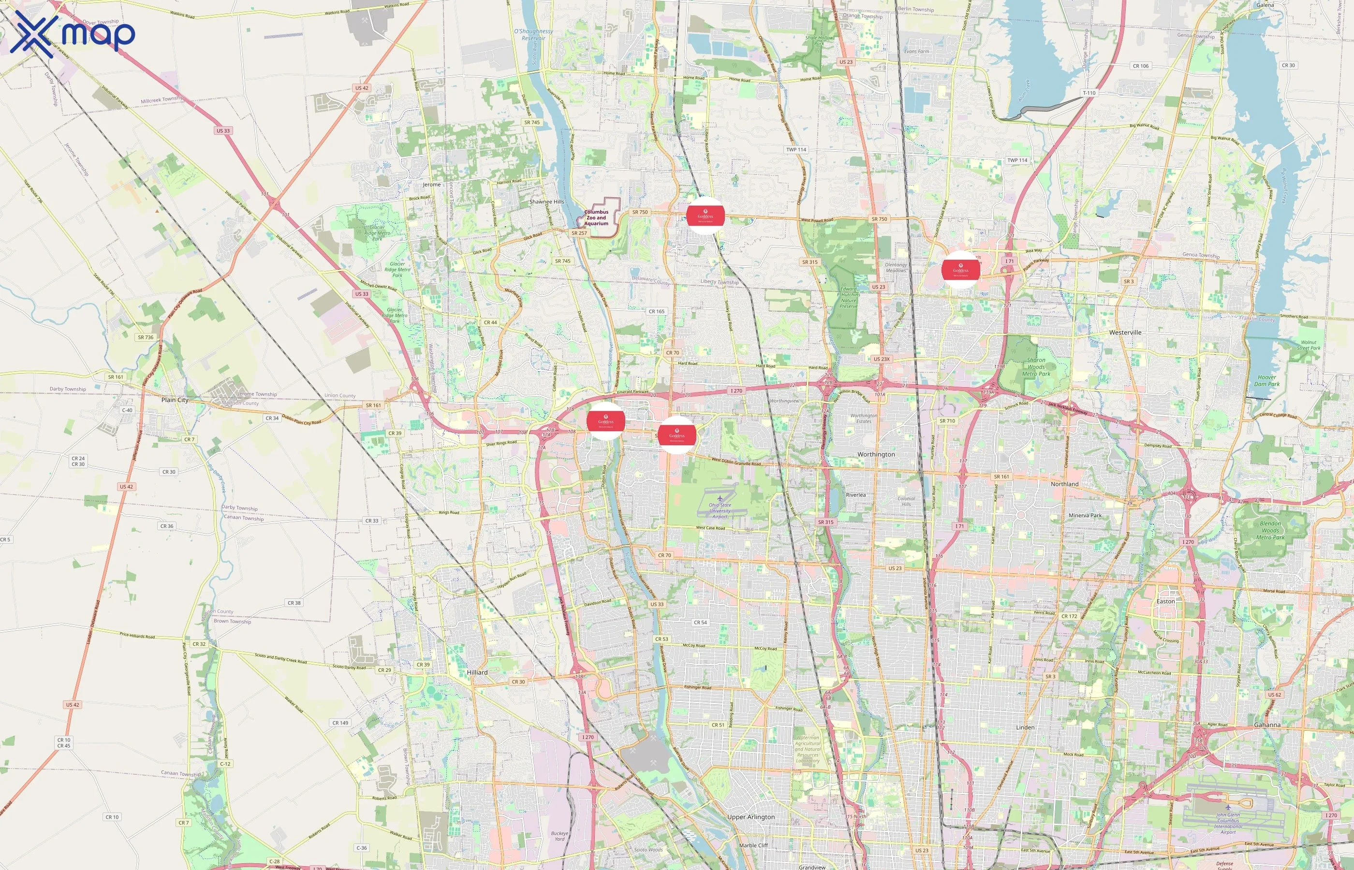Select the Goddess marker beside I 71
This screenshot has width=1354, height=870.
point(961,270)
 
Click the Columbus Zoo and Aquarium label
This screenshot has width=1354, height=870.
point(596,217)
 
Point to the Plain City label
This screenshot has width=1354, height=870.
point(175,400)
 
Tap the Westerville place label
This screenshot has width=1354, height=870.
point(1125,333)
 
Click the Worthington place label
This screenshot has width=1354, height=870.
point(876,454)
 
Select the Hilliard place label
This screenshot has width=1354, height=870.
point(477,672)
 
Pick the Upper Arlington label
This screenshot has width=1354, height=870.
point(751,817)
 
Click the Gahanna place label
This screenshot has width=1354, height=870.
point(1267,725)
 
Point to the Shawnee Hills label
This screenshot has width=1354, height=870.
point(546,202)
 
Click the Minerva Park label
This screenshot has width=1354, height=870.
point(1085,515)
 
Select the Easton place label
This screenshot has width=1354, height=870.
point(1165,601)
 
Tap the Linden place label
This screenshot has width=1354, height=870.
point(1025,727)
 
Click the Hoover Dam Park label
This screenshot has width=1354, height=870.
point(1267,381)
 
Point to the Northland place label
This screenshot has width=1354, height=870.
point(1065,484)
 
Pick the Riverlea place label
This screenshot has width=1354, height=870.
point(855,495)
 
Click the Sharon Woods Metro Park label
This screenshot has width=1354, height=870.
point(1036,367)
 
